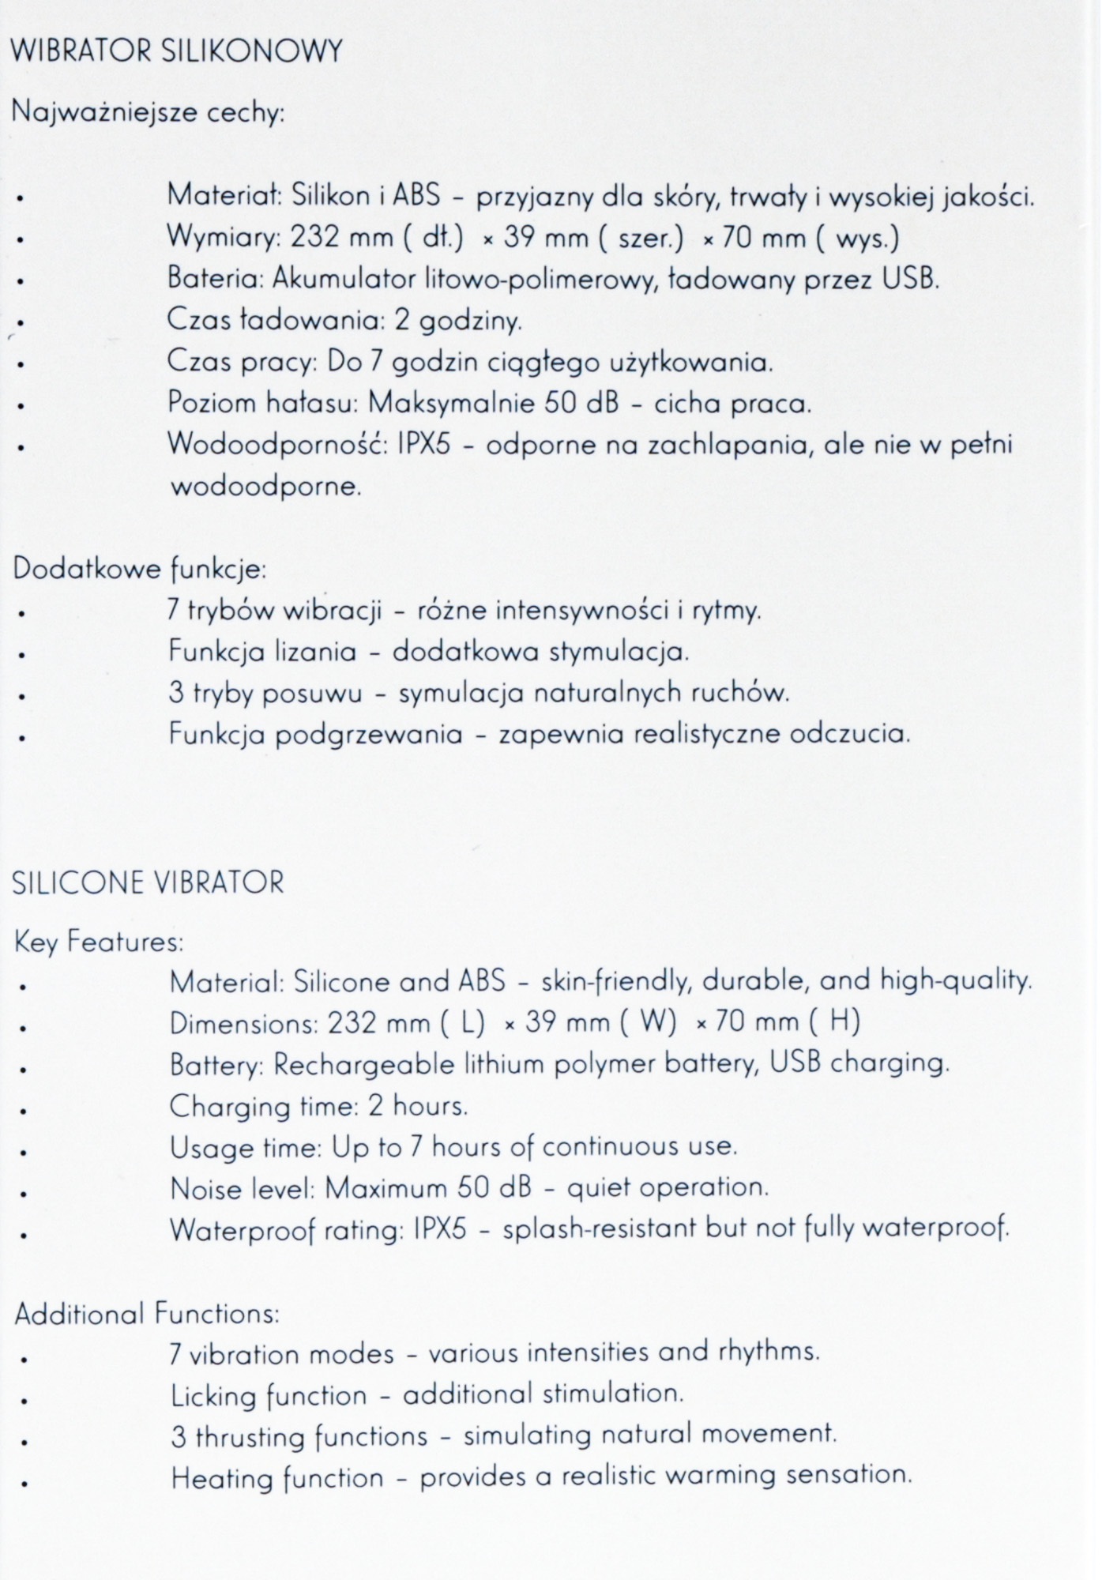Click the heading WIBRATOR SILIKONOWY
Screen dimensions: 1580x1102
178,52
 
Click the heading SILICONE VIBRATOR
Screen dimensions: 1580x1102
149,882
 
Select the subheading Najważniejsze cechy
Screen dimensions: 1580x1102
148,113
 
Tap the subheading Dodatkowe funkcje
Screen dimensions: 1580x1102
140,570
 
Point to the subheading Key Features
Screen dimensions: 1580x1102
99,942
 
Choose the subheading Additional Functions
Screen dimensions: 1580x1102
147,1314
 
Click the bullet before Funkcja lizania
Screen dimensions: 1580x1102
24,655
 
